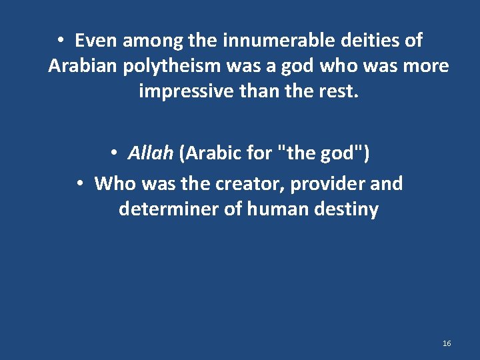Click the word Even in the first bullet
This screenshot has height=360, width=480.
(x=95, y=41)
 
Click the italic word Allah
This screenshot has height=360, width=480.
(x=151, y=153)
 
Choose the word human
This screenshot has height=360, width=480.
(x=275, y=209)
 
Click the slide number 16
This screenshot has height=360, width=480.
(x=447, y=343)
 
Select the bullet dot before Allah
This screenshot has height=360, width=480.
(x=115, y=153)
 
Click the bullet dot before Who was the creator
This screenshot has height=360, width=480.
(x=79, y=183)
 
